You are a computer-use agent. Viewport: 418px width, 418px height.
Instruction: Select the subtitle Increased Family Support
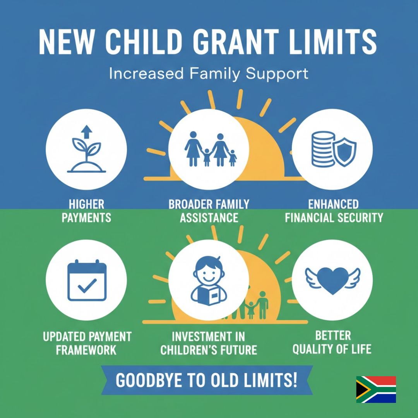[209, 74]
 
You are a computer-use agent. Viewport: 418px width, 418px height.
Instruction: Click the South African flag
[376, 389]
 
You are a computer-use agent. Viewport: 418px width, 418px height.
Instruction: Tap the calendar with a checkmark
[86, 281]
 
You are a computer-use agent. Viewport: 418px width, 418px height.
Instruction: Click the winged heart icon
[332, 278]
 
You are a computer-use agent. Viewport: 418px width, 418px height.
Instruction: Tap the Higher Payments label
[86, 211]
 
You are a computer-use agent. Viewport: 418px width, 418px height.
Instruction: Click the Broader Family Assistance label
[209, 211]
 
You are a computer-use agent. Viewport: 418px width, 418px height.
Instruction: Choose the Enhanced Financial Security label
[334, 211]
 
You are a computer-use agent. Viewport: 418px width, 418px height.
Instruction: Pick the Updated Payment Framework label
[86, 343]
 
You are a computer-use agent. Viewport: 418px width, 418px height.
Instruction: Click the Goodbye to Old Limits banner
[207, 380]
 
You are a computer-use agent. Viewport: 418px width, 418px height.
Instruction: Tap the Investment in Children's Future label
[209, 343]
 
